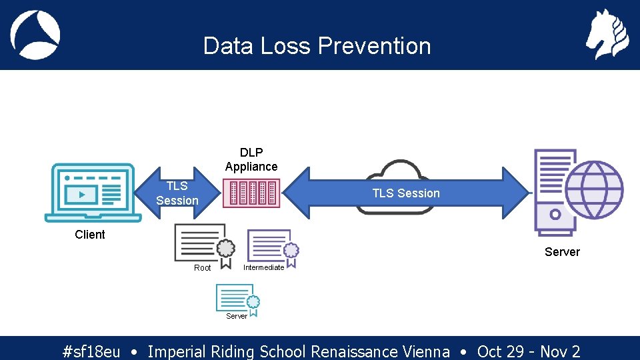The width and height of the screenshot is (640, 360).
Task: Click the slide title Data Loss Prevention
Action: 317,46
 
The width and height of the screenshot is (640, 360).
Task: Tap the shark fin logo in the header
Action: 35,35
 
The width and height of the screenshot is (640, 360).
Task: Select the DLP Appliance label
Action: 251,159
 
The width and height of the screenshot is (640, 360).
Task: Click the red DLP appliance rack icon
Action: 251,193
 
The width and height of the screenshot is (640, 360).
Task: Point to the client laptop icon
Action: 93,193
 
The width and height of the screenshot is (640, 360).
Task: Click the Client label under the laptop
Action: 90,235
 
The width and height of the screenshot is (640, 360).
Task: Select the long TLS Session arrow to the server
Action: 406,193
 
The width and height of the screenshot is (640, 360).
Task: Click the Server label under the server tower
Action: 562,252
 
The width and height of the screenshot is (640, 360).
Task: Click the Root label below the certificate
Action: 202,268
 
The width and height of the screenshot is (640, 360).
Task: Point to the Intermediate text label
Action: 263,268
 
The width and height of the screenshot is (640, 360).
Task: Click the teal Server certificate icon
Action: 237,298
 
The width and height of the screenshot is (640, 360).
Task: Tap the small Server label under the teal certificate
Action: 237,316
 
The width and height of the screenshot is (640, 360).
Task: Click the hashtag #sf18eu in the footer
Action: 91,351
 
